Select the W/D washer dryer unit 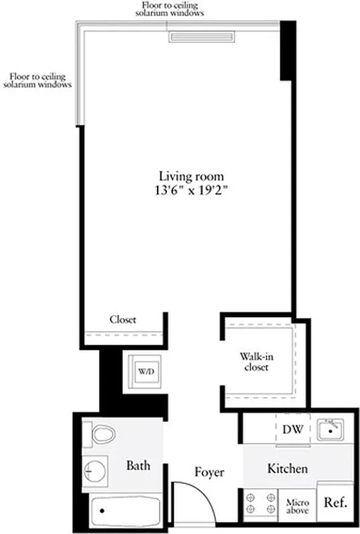tap(145, 370)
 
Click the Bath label tap(138, 465)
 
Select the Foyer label tap(209, 472)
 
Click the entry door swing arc tap(200, 497)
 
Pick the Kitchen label tap(287, 469)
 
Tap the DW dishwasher tap(293, 429)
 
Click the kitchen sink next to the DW tap(330, 430)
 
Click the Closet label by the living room tap(123, 320)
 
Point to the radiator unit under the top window tap(201, 37)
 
